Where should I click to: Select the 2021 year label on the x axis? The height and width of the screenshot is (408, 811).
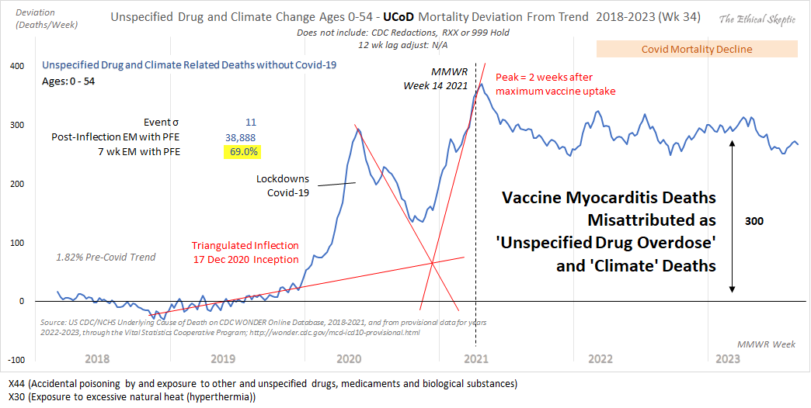[475, 359]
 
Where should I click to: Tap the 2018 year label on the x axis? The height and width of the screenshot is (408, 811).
[98, 359]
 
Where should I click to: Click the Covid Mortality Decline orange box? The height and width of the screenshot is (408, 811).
[696, 50]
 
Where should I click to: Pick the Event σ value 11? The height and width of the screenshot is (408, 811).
[250, 122]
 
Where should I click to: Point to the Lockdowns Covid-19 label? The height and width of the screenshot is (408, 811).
[283, 185]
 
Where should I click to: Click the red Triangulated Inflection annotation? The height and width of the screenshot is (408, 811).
[245, 251]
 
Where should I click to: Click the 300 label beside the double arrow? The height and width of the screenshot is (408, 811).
[754, 221]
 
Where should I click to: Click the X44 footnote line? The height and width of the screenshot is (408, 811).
[262, 384]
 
